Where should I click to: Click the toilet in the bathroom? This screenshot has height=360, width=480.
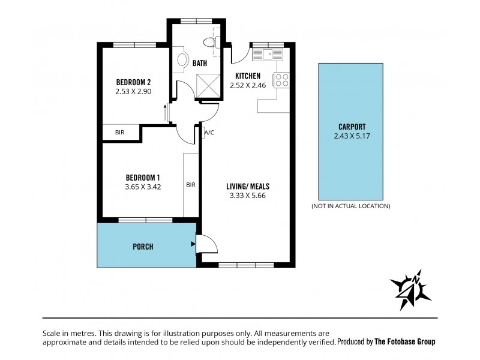(x=209, y=42)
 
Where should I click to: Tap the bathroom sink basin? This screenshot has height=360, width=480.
(x=182, y=60)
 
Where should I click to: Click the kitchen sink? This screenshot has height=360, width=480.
(x=268, y=55)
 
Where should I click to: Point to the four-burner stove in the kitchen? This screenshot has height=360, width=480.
(x=282, y=80)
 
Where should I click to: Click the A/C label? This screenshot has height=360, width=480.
(x=209, y=133)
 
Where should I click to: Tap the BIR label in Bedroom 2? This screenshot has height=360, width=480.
(x=119, y=133)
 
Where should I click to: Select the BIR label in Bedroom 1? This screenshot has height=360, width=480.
(x=191, y=185)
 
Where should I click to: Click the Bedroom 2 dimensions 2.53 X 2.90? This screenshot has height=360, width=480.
(x=133, y=92)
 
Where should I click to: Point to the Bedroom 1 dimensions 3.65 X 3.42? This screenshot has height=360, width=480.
(x=142, y=187)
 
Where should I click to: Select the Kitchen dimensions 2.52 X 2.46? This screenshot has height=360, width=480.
(x=247, y=85)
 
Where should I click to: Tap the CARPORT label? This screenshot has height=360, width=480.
(x=352, y=127)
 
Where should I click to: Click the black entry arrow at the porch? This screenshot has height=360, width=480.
(x=192, y=244)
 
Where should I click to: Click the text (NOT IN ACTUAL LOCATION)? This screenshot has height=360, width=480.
(x=350, y=206)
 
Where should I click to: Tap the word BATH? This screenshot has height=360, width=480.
(x=200, y=63)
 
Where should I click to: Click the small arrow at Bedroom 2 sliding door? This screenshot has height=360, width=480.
(x=165, y=111)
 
